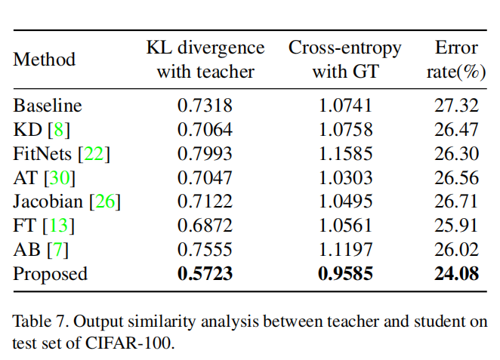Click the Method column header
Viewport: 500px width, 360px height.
click(x=45, y=60)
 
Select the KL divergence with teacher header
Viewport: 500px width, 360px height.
click(x=205, y=60)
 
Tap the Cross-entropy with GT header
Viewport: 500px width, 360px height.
click(x=346, y=60)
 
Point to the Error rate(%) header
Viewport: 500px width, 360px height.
click(x=456, y=60)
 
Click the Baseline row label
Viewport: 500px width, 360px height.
click(x=48, y=106)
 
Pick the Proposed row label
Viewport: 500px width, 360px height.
click(x=51, y=273)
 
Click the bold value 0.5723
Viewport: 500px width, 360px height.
click(x=205, y=273)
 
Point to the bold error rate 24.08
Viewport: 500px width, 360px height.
click(x=456, y=273)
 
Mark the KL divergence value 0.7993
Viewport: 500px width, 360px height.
click(x=205, y=154)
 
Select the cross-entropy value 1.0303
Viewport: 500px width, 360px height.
click(x=346, y=178)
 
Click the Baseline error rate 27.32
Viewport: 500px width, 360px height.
click(x=456, y=106)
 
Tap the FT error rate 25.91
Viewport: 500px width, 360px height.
click(x=456, y=226)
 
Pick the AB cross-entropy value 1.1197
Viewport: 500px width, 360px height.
click(x=346, y=249)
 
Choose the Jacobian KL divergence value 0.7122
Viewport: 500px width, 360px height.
click(x=205, y=202)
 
